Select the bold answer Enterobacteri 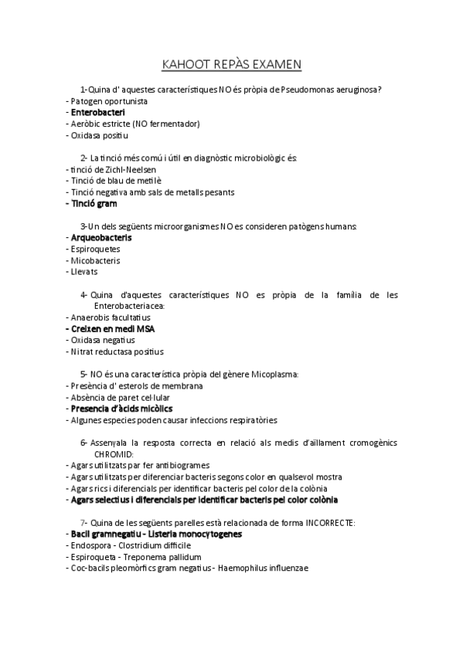pos(98,113)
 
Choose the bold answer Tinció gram pos(93,204)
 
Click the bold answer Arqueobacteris pos(101,238)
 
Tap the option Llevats pos(84,272)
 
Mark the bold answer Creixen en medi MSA pos(113,328)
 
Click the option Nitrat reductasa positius pos(117,351)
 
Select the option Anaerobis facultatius pos(110,317)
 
